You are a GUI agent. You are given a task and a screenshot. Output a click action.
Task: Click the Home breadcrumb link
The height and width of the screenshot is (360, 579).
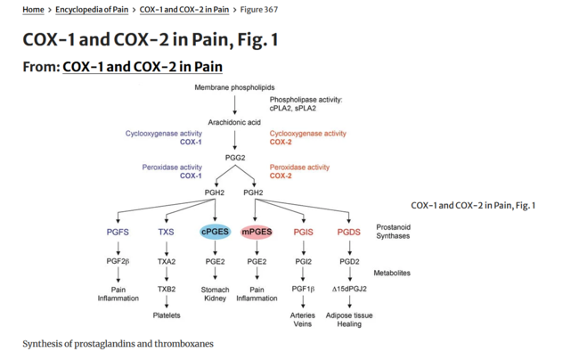click(33, 10)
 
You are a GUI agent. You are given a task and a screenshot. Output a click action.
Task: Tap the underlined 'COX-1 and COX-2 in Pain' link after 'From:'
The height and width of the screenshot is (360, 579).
click(143, 67)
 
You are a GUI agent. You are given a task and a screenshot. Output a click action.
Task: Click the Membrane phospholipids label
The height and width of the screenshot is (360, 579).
click(235, 87)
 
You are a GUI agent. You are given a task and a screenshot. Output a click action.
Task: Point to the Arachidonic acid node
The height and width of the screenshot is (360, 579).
click(234, 122)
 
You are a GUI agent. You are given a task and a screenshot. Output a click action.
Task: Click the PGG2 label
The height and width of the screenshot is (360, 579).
click(235, 158)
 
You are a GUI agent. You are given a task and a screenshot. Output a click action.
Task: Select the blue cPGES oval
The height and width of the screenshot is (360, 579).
click(215, 232)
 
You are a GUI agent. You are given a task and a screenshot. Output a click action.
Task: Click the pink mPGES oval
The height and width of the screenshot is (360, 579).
click(257, 232)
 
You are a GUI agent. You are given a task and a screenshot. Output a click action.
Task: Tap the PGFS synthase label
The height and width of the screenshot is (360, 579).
click(118, 232)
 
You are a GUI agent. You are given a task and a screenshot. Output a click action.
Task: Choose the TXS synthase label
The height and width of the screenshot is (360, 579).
click(167, 232)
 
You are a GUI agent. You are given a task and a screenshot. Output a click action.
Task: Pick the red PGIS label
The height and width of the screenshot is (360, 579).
click(303, 232)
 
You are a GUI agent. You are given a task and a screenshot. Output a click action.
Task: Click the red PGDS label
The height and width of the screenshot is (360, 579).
click(349, 232)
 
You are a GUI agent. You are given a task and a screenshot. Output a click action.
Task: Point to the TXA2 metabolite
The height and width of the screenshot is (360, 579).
click(167, 262)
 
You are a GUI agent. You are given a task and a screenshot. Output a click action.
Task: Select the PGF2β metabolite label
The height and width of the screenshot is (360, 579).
click(118, 262)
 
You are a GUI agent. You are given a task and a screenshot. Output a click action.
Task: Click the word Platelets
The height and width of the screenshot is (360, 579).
click(167, 315)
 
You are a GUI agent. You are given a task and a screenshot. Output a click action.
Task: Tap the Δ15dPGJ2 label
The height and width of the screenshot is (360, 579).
click(349, 289)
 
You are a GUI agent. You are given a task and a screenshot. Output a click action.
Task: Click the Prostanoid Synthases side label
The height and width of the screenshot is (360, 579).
click(393, 231)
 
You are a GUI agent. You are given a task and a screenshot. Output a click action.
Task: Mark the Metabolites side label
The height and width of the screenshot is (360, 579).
click(392, 273)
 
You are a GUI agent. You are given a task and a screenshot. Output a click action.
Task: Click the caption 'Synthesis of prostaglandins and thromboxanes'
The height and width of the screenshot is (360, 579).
click(118, 343)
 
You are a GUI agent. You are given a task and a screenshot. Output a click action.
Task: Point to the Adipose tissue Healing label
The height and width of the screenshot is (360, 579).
click(349, 320)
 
